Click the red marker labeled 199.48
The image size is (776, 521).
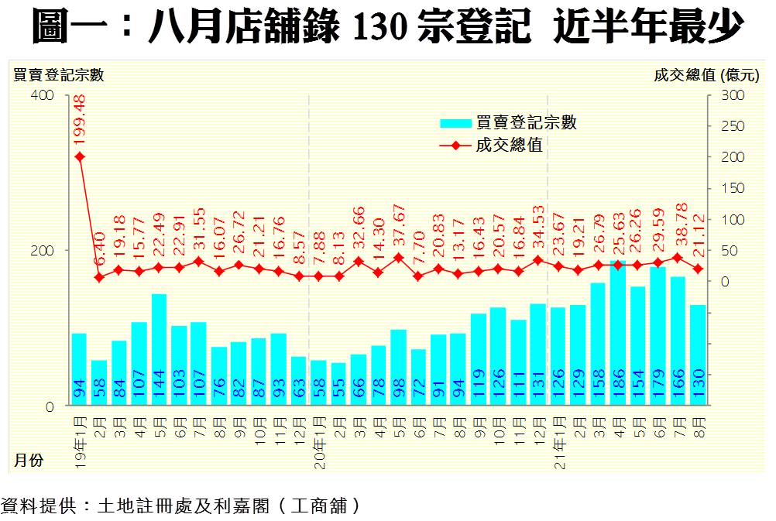pos(79,156)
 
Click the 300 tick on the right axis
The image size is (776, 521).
pos(732,95)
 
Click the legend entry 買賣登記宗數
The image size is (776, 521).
pos(507,122)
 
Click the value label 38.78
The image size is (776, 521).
pos(678,226)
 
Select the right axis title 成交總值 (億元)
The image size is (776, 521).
pos(706,75)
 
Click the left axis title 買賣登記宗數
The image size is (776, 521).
pos(59,75)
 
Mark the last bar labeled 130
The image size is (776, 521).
pos(698,355)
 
